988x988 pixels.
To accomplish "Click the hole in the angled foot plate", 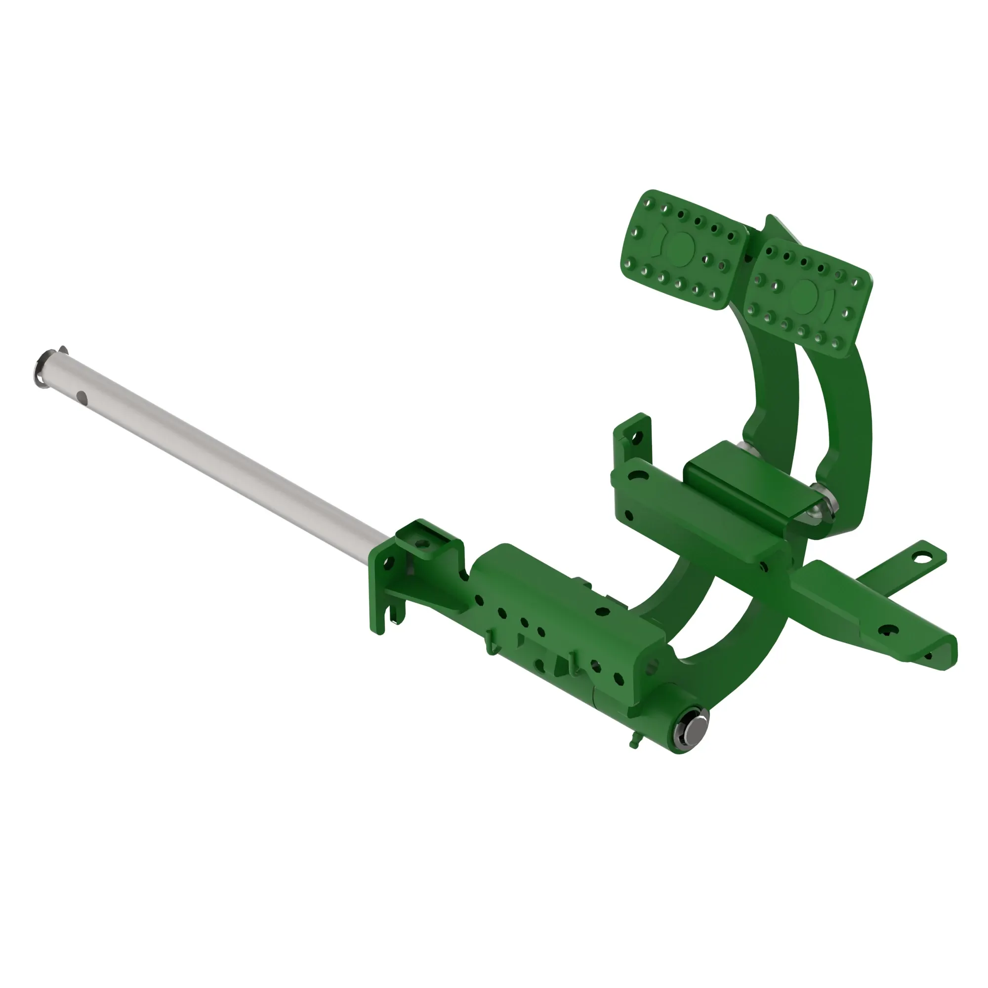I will click(x=889, y=629).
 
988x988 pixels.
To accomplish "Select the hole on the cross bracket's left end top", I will click(x=637, y=476).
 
